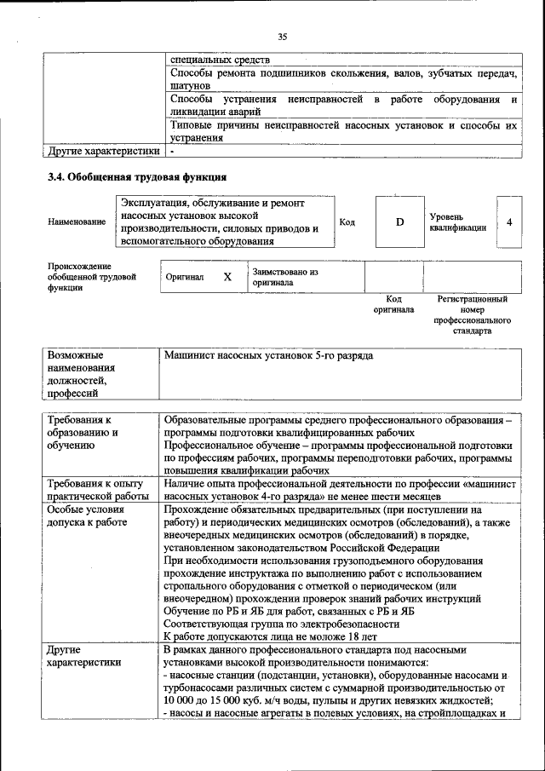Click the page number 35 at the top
pyautogui.click(x=282, y=36)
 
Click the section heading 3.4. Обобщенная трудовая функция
pyautogui.click(x=136, y=178)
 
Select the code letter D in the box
pyautogui.click(x=399, y=222)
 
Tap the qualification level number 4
pyautogui.click(x=508, y=222)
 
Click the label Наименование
pyautogui.click(x=77, y=222)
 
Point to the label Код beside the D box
pyautogui.click(x=347, y=222)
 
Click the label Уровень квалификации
pyautogui.click(x=458, y=222)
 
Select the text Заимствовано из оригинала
pyautogui.click(x=284, y=277)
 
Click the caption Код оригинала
pyautogui.click(x=393, y=304)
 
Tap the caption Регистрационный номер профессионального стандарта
pyautogui.click(x=472, y=314)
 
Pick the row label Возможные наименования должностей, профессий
pyautogui.click(x=81, y=373)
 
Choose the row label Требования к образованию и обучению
pyautogui.click(x=82, y=432)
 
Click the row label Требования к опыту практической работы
pyautogui.click(x=98, y=489)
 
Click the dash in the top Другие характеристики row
pyautogui.click(x=171, y=152)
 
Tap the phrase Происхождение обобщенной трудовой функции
pyautogui.click(x=92, y=277)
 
